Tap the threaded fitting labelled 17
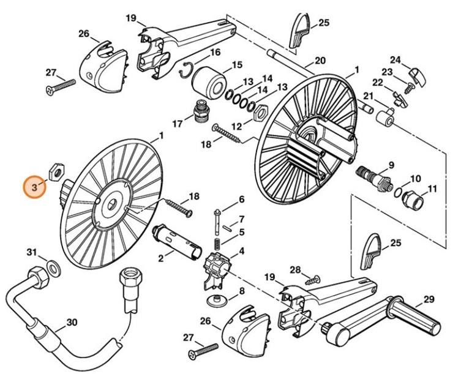click(200, 111)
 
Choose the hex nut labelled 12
click(259, 112)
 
